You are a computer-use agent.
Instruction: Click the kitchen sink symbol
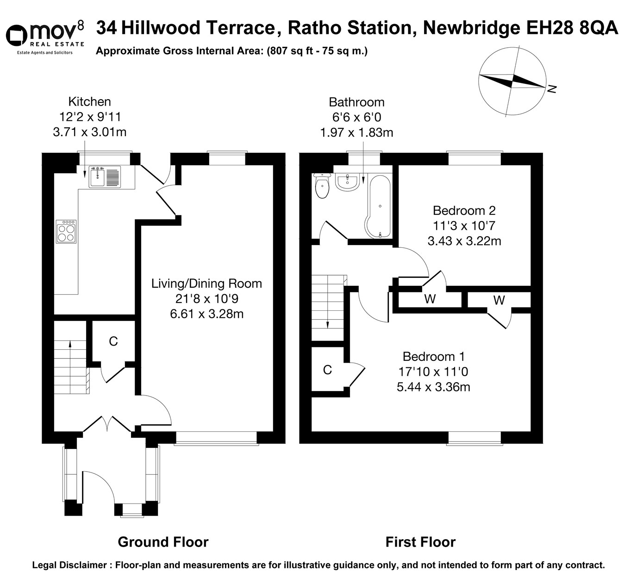point(105,176)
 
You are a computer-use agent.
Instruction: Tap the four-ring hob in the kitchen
point(66,231)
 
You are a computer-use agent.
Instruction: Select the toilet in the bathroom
point(321,186)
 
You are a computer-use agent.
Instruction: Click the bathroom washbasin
point(347,182)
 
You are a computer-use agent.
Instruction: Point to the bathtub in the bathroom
point(379,206)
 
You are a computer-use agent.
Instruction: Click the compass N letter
point(551,89)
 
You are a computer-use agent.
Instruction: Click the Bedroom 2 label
point(464,211)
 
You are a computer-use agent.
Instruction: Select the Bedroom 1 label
point(433,357)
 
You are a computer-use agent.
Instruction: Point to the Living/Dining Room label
point(206,284)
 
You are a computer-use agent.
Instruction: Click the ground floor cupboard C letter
point(113,341)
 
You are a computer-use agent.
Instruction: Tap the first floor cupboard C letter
point(327,370)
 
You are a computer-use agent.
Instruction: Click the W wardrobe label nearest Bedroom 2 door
point(430,299)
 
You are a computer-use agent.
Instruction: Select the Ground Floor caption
point(163,542)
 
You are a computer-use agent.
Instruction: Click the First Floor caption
point(420,542)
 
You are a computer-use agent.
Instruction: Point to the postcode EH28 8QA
point(572,28)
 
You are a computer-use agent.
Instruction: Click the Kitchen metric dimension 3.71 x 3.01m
point(90,132)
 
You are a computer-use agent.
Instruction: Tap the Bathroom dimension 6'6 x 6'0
point(356,117)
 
